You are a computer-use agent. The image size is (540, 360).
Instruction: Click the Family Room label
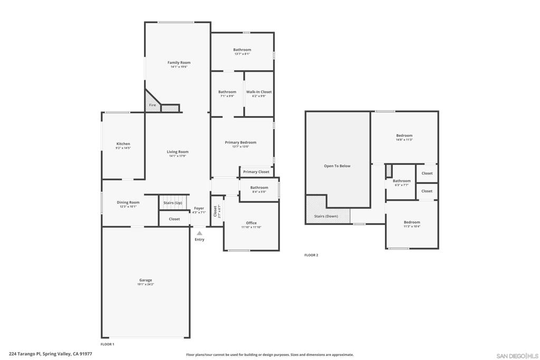179,63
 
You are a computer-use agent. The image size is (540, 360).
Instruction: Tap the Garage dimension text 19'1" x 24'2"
146,285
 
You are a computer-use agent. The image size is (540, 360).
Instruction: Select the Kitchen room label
123,144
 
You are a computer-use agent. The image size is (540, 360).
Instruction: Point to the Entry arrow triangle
199,233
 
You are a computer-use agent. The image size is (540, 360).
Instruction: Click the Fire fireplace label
152,105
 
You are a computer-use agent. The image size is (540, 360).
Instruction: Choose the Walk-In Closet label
259,92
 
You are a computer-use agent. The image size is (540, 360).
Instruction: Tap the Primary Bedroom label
240,142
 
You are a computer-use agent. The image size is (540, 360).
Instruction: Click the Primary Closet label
256,172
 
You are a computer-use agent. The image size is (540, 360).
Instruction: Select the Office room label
251,223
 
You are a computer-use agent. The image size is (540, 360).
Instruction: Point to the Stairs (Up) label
173,203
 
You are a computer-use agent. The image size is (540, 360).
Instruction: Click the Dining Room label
128,202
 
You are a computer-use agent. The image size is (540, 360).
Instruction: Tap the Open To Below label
337,166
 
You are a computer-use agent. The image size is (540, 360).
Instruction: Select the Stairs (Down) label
326,216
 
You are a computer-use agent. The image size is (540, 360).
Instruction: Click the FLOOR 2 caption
311,255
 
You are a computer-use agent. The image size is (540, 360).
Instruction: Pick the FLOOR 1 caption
107,344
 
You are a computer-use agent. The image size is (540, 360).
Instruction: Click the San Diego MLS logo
517,356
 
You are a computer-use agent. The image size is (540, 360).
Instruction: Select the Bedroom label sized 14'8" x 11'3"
404,135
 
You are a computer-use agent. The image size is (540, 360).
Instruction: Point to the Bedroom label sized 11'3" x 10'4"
412,222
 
